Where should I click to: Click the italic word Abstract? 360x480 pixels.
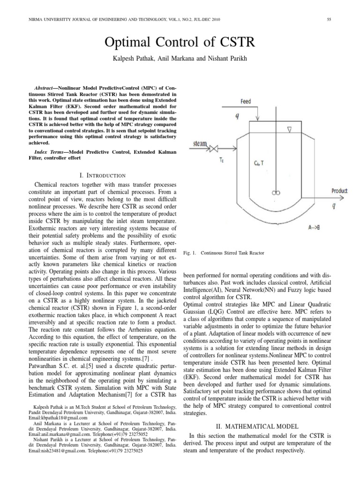(x=48, y=88)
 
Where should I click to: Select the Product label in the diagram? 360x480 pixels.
(x=339, y=191)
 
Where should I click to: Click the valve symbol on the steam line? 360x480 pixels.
(x=215, y=150)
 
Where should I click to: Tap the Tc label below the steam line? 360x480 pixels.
(x=222, y=160)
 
